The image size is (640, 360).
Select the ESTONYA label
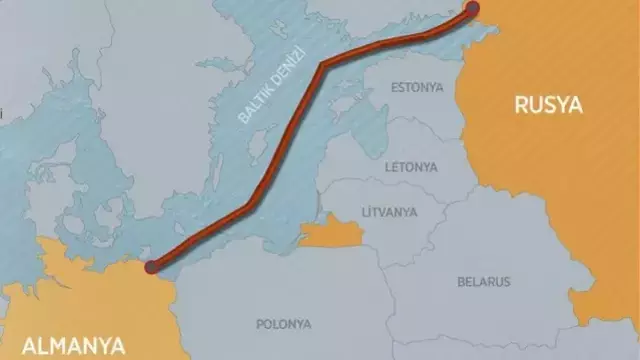pyautogui.click(x=416, y=87)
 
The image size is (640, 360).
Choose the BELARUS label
pyautogui.click(x=484, y=281)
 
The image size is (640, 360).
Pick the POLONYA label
pyautogui.click(x=283, y=324)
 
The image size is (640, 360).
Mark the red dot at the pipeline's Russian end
pyautogui.click(x=472, y=9)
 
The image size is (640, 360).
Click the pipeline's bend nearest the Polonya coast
pyautogui.click(x=247, y=207)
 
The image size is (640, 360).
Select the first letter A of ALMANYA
pyautogui.click(x=15, y=346)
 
